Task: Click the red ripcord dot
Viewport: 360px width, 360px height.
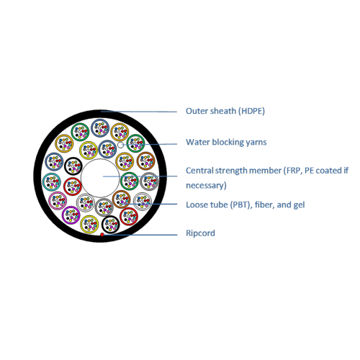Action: [x=102, y=235]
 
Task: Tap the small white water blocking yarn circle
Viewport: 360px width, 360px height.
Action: [x=121, y=145]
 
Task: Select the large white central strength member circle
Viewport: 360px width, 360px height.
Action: [x=100, y=178]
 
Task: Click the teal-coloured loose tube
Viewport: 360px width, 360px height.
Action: [x=52, y=182]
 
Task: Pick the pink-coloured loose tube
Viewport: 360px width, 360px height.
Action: [x=58, y=201]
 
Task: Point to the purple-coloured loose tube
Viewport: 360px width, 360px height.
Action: [x=71, y=215]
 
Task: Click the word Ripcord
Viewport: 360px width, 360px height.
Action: [x=200, y=233]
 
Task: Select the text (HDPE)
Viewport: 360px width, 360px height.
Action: [x=251, y=111]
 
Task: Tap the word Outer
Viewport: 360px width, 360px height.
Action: [x=194, y=111]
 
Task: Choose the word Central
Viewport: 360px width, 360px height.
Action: [x=199, y=171]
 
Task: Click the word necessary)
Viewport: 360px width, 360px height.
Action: [x=206, y=186]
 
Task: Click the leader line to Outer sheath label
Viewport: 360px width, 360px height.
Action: [x=139, y=112]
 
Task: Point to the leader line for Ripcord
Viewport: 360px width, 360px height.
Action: [x=140, y=235]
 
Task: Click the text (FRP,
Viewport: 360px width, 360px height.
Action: [x=293, y=171]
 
